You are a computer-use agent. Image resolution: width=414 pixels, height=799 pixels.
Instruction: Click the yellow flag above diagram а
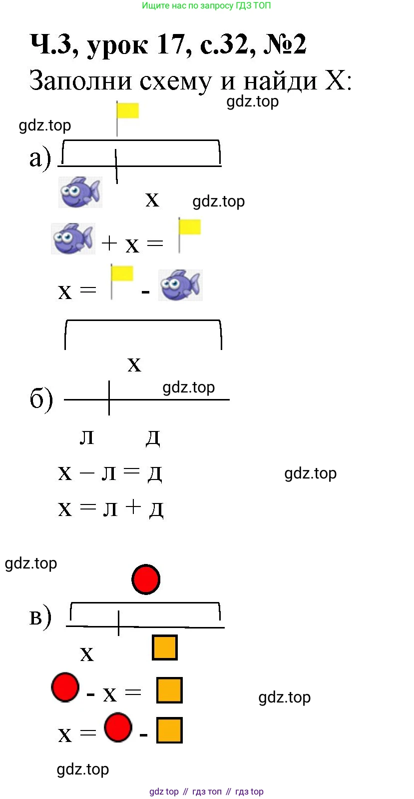[x=127, y=110]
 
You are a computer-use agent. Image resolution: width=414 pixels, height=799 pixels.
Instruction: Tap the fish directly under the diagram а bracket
[x=80, y=191]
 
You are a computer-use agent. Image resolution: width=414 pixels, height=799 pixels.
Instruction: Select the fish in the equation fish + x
[x=73, y=238]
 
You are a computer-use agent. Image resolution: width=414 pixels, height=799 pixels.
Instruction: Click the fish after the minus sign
[x=180, y=285]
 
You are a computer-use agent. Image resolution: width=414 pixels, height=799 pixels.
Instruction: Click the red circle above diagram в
[x=146, y=579]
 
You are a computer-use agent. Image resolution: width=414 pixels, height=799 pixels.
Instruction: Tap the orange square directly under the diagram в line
[x=164, y=647]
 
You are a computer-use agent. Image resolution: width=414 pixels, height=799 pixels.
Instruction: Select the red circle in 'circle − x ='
[x=65, y=687]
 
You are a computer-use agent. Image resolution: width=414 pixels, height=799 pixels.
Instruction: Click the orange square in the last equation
[x=169, y=730]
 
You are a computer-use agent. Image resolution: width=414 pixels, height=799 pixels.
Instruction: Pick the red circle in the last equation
[x=118, y=727]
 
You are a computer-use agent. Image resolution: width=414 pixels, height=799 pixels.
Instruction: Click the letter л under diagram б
[x=87, y=436]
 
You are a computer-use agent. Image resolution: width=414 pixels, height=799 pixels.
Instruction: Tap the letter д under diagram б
[x=153, y=437]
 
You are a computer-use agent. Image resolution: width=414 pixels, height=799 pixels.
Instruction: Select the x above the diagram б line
[x=134, y=364]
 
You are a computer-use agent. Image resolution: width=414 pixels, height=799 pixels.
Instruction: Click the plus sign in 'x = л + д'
[x=134, y=507]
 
